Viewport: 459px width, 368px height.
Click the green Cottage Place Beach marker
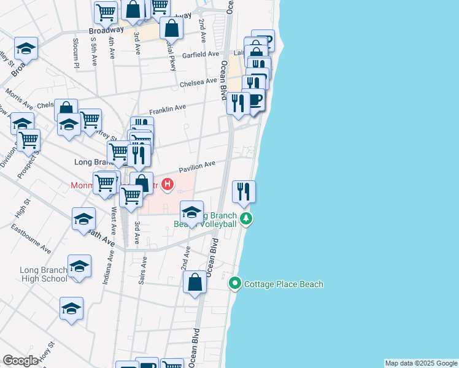[x=234, y=283]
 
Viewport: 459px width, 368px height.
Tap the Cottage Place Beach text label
[x=283, y=284]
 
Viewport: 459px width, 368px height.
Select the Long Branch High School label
[x=43, y=274]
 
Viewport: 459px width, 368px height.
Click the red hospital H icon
[x=166, y=183]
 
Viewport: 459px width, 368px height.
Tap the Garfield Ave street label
[x=204, y=54]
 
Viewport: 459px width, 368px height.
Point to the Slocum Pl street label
[x=77, y=53]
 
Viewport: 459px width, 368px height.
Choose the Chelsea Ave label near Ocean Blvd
[x=198, y=82]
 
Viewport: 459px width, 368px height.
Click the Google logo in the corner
[x=21, y=361]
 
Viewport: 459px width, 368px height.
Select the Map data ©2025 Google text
[x=420, y=363]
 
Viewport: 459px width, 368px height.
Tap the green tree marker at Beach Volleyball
[x=245, y=218]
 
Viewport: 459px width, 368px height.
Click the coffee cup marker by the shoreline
[x=253, y=100]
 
